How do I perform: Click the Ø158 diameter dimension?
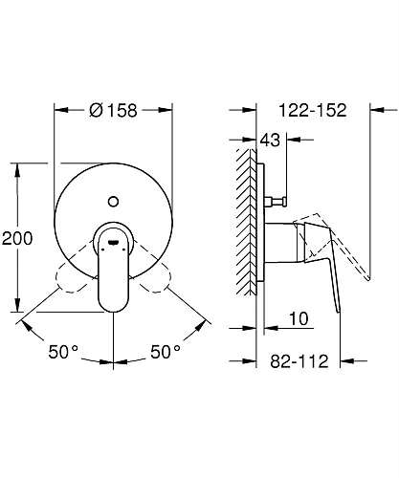[113, 110]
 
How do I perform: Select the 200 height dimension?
[17, 238]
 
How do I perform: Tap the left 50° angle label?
[63, 352]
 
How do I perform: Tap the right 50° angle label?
[166, 352]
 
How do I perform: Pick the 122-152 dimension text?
[313, 110]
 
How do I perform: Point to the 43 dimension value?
[270, 140]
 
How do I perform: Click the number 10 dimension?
[299, 318]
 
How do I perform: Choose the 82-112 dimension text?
[299, 361]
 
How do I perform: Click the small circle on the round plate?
[114, 202]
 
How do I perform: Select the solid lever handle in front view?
[114, 267]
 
